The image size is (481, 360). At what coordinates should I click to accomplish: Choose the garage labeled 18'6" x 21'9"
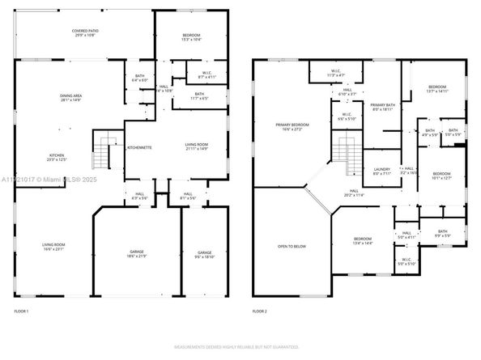tap(136, 253)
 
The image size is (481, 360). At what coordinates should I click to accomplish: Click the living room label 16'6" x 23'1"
tap(53, 247)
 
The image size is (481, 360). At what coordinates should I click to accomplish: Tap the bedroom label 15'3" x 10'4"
tap(190, 37)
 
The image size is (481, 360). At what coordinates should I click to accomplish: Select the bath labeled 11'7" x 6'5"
tap(198, 97)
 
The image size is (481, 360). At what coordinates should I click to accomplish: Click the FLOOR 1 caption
tap(21, 311)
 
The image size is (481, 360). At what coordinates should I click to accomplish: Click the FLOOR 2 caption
tap(259, 311)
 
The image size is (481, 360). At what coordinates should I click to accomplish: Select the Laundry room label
tap(381, 171)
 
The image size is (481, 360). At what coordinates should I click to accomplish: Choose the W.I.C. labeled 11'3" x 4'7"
tap(335, 73)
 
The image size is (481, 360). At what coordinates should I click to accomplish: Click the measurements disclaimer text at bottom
tap(240, 349)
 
